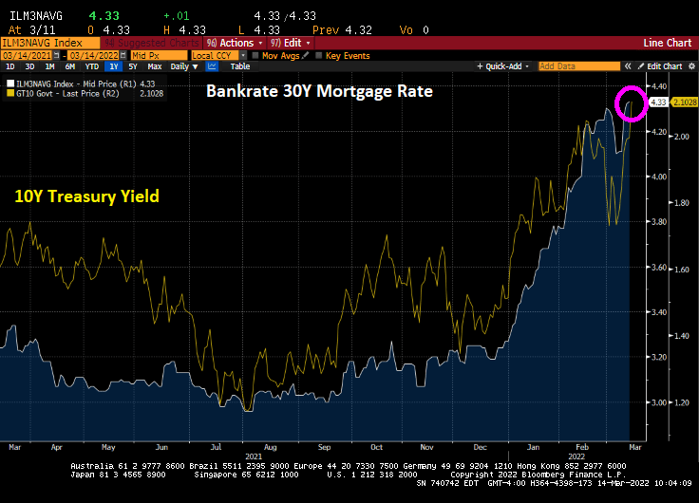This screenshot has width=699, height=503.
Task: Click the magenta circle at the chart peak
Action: pos(632,102)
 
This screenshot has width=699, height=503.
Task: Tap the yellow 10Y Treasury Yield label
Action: pos(86,196)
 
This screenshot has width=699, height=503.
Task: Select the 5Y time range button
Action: pos(135,66)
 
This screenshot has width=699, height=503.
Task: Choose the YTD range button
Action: pos(92,66)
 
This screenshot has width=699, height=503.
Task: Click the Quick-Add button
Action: pos(504,66)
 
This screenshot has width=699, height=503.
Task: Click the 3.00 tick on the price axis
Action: pos(658,402)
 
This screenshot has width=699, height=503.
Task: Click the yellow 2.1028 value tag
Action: pos(684,102)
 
